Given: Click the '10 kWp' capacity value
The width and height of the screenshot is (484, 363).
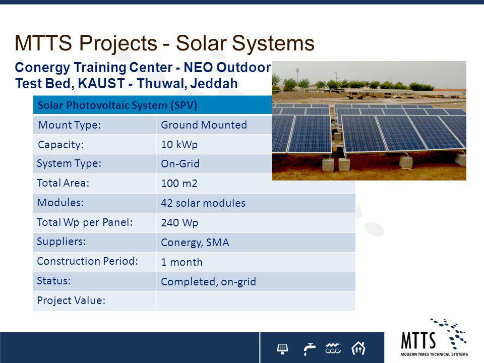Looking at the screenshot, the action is (179, 145).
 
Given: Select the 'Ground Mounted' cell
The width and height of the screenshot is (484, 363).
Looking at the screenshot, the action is (204, 125).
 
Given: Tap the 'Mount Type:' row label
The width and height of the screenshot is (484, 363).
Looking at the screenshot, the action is (70, 125).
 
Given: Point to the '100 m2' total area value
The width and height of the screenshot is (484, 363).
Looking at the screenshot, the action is (179, 184).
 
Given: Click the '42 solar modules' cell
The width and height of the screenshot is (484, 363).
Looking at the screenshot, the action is (203, 203).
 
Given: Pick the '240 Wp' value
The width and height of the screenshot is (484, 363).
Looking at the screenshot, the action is (179, 222).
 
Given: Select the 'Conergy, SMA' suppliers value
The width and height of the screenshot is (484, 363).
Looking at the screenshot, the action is (195, 243).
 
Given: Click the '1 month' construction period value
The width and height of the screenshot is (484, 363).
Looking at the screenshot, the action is (182, 262).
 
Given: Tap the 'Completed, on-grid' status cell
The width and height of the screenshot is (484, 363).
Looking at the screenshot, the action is (208, 281).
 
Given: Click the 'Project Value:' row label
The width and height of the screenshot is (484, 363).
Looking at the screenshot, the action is (71, 300).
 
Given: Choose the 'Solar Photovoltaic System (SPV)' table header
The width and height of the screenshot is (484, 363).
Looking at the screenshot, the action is (117, 105).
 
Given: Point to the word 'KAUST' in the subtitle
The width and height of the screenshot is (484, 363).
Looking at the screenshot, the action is (101, 83).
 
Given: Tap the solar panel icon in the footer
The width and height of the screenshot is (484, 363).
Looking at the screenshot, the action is (282, 348).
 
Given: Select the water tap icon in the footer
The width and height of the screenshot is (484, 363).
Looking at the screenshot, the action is (309, 349).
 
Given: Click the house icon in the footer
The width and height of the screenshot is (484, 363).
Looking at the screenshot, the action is (358, 348).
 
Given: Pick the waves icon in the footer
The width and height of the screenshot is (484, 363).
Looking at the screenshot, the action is (333, 348).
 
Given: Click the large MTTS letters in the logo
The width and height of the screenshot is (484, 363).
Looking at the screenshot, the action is (418, 340).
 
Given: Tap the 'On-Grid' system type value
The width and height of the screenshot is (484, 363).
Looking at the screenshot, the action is (180, 163).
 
